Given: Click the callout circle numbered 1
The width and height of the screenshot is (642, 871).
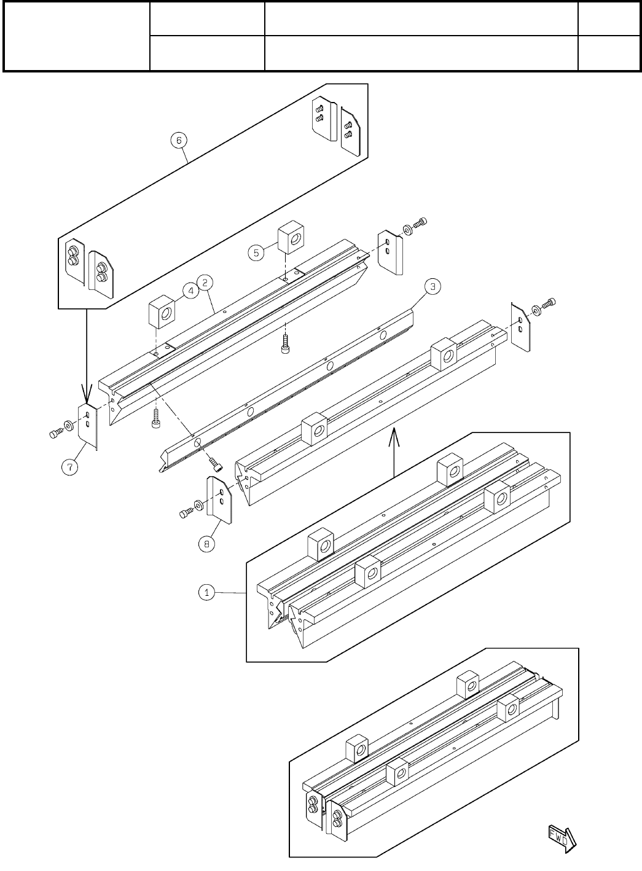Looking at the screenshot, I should [x=206, y=593].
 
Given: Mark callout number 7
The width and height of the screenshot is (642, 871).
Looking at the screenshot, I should [x=69, y=467].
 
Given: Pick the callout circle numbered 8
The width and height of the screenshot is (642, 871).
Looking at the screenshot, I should [x=206, y=544].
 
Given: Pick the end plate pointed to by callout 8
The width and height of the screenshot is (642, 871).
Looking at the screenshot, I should [x=219, y=501].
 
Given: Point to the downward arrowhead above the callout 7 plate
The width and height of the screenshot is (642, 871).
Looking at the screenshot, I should [x=87, y=393].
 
